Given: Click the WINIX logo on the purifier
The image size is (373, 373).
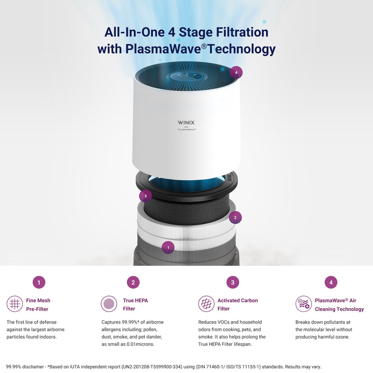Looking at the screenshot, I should coord(186,123).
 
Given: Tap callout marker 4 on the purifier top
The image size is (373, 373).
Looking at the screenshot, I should coord(236,72).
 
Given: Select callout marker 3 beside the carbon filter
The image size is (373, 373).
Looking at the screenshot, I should coord(145,196).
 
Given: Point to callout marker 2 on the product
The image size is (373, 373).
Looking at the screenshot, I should coord(235,217).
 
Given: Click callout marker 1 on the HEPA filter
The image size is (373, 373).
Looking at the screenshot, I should coord(168,248).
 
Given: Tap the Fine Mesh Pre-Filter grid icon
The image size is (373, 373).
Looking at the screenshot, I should coord(15,304).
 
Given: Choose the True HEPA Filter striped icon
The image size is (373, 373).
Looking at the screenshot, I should coord(109,304).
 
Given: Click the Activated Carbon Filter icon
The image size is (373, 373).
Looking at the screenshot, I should coord(207,304).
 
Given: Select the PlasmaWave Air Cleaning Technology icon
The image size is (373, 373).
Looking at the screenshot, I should coord(304,304).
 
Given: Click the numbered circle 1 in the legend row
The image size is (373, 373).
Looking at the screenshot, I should coord(39,282).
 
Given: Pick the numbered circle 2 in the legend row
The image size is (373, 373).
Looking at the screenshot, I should coord(133,282).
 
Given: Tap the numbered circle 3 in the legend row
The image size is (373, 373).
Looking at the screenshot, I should coord(232,282).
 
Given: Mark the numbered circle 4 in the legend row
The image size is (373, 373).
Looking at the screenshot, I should coord(331,282).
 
